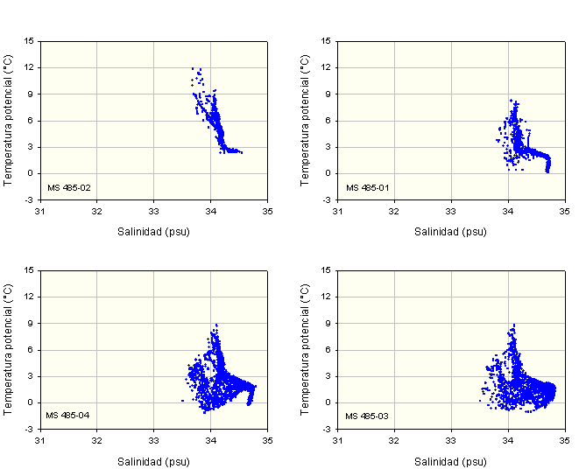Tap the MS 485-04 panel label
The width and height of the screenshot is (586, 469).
(x=64, y=415)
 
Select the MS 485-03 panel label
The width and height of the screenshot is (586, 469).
(x=362, y=415)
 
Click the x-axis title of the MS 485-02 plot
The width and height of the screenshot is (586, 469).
(x=153, y=232)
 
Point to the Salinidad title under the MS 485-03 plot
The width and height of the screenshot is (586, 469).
(x=451, y=460)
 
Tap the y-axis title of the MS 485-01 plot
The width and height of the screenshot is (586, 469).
(x=306, y=120)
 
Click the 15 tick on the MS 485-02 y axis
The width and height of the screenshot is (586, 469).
(x=30, y=40)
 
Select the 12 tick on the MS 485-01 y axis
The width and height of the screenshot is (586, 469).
(x=328, y=67)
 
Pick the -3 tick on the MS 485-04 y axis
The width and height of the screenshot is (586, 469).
(x=30, y=429)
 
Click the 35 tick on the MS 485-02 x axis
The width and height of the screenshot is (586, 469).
(x=267, y=210)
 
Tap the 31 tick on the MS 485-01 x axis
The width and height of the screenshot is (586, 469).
(x=338, y=210)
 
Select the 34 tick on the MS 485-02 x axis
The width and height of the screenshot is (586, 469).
(x=211, y=210)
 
